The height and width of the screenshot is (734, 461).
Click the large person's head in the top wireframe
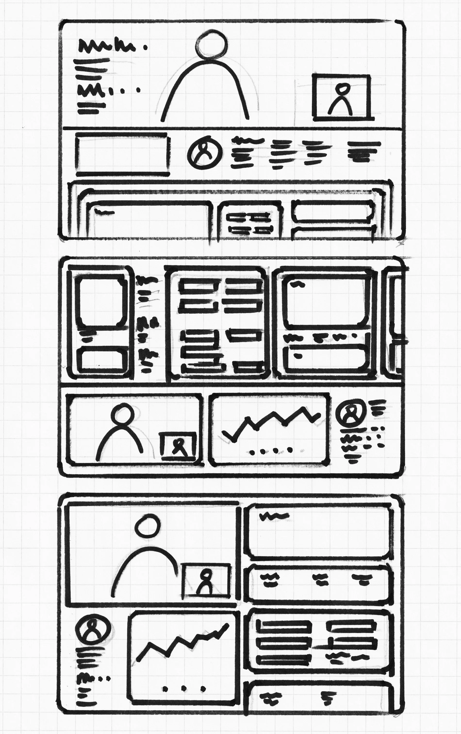pyautogui.click(x=211, y=44)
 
